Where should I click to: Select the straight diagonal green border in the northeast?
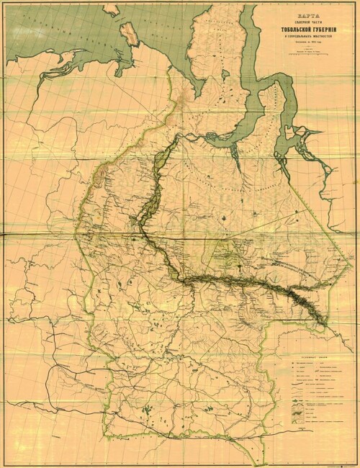pyautogui.click(x=310, y=209)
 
